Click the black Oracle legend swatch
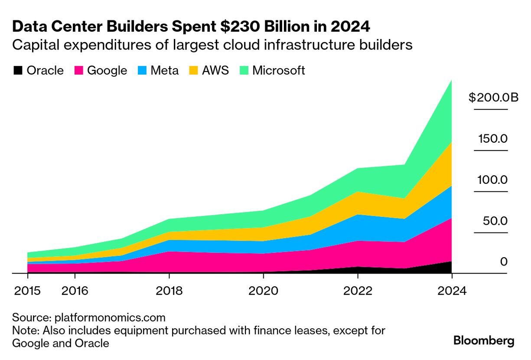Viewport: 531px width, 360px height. (x=18, y=70)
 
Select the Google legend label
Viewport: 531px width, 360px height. (x=107, y=70)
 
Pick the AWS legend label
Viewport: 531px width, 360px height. (x=215, y=70)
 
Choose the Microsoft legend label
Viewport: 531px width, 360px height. (x=279, y=70)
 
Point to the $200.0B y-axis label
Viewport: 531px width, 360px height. (x=493, y=98)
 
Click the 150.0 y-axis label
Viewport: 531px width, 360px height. (x=493, y=139)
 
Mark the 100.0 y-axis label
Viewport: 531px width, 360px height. (x=492, y=180)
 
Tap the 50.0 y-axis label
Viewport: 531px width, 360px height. (x=495, y=221)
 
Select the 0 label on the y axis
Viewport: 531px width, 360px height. (x=504, y=262)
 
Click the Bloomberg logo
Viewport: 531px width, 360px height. (x=484, y=341)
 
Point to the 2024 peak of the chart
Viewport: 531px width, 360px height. (x=451, y=81)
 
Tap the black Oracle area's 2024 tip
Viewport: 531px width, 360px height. (x=451, y=262)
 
